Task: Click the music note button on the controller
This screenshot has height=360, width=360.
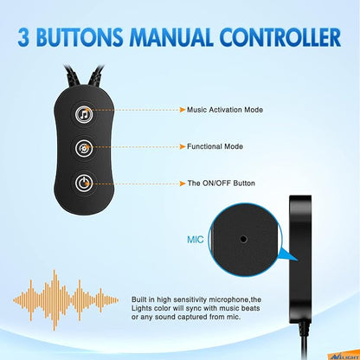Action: (x=84, y=114)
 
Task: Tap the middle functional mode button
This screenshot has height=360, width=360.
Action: (x=84, y=148)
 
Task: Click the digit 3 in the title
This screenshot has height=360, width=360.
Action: (x=23, y=37)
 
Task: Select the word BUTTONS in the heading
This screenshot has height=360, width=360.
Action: (x=80, y=37)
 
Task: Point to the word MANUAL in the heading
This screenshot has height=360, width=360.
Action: (x=171, y=37)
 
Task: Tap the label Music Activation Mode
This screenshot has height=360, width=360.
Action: (x=225, y=110)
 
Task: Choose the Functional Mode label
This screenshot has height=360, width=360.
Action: (x=215, y=146)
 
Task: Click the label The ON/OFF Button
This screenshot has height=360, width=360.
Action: (x=222, y=183)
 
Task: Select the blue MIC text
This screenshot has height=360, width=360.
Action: (x=196, y=240)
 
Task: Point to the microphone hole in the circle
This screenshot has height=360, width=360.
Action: (x=244, y=239)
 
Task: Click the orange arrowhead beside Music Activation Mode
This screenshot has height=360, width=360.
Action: (x=183, y=110)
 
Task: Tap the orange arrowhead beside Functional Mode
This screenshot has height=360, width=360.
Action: (x=183, y=147)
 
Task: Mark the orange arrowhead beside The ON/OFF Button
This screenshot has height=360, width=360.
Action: (x=183, y=183)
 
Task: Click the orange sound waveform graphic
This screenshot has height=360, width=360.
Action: (x=66, y=300)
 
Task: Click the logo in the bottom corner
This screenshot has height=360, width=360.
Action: (x=344, y=357)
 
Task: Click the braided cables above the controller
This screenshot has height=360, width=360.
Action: (x=83, y=76)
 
